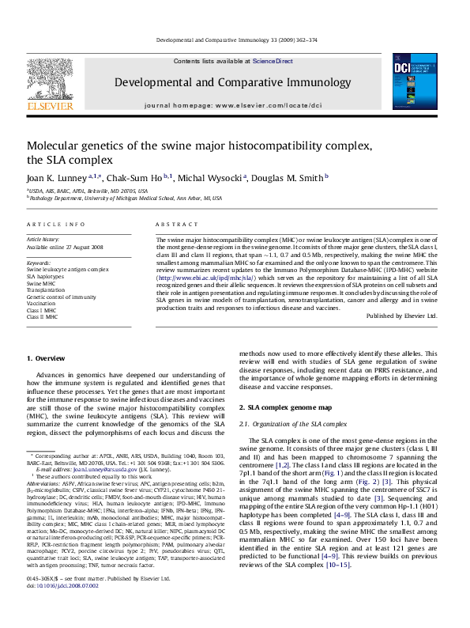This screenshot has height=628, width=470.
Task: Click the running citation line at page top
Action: [236, 39]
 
